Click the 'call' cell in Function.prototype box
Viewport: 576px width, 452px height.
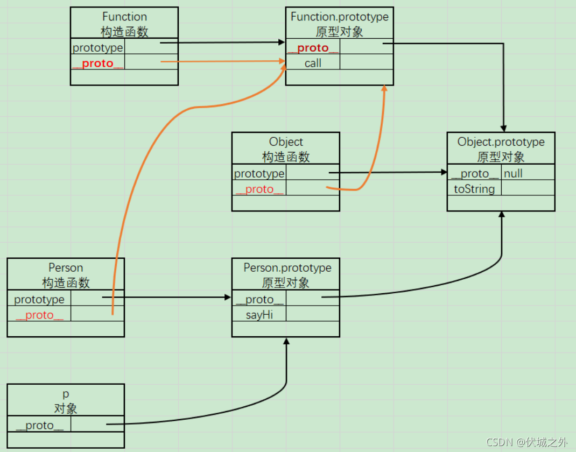pyautogui.click(x=313, y=63)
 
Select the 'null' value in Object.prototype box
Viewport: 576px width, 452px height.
pyautogui.click(x=513, y=173)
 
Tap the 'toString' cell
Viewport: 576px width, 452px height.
pyautogui.click(x=474, y=188)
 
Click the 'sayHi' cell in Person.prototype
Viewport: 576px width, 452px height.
pyautogui.click(x=259, y=315)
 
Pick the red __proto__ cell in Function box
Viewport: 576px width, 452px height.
pyautogui.click(x=98, y=63)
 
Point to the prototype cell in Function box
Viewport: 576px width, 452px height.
pyautogui.click(x=98, y=47)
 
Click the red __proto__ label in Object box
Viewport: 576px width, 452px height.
pyautogui.click(x=259, y=189)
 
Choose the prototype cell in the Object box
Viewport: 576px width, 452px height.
pyautogui.click(x=259, y=173)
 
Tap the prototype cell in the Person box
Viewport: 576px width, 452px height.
pyautogui.click(x=39, y=299)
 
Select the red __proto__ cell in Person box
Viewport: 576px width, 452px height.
pyautogui.click(x=39, y=315)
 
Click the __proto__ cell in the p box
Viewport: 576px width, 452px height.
pyautogui.click(x=39, y=425)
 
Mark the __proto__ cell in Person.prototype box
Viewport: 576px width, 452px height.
pyautogui.click(x=259, y=299)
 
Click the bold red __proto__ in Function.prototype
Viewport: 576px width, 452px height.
pyautogui.click(x=313, y=47)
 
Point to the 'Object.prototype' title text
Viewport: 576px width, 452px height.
pyautogui.click(x=501, y=142)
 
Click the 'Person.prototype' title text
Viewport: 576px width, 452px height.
pyautogui.click(x=287, y=267)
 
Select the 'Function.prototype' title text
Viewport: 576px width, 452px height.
pyautogui.click(x=339, y=17)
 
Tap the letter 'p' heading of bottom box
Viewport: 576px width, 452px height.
pyautogui.click(x=66, y=394)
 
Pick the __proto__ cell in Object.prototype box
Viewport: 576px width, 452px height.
pyautogui.click(x=474, y=173)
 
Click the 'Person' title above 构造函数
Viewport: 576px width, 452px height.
pyautogui.click(x=66, y=267)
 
